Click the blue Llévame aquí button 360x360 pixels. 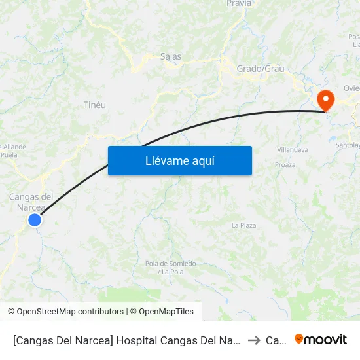coord(179,160)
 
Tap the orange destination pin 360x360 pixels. coord(325,99)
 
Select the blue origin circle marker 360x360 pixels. coord(35,220)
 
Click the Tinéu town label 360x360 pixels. coord(95,105)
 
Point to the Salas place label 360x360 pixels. coord(171,57)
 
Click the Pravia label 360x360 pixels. coord(239,4)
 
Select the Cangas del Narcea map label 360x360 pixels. coord(31,202)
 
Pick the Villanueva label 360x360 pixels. coord(293,149)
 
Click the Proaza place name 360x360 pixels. coord(285,166)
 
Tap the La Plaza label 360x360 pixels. coord(243,225)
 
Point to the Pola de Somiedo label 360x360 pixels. coord(170,267)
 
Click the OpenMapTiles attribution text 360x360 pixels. coord(162,312)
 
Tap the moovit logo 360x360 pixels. coord(321,340)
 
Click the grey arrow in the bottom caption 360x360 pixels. coord(254,340)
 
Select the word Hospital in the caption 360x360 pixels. coord(143,340)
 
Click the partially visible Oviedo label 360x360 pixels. coord(351,88)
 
